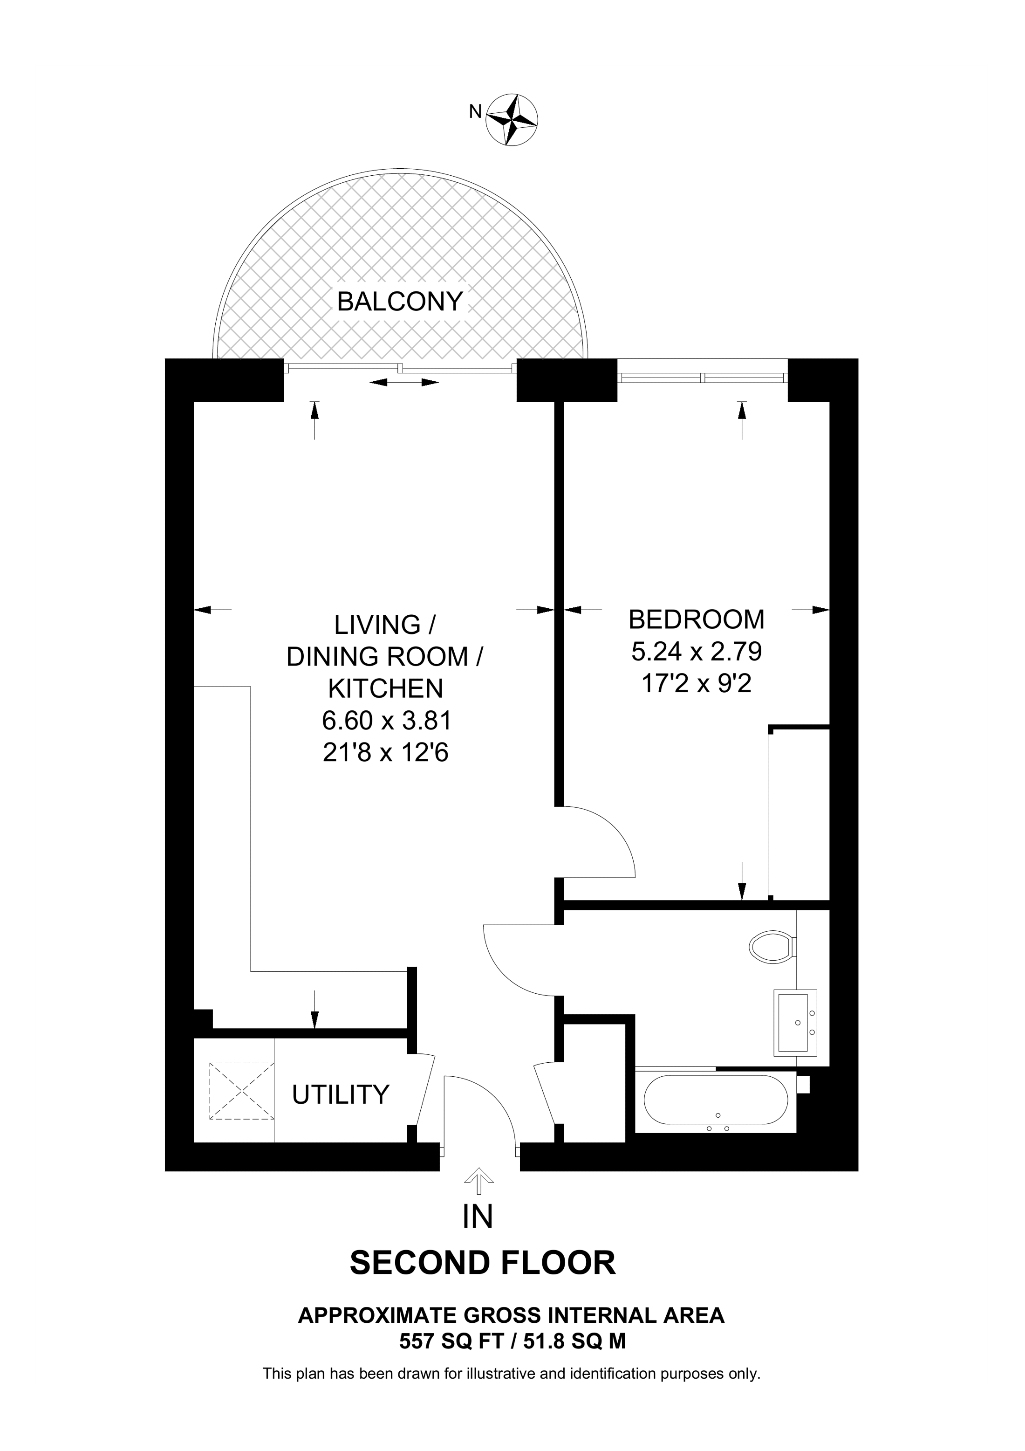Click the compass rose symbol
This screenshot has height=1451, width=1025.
click(x=512, y=120)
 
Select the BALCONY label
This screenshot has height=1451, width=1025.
click(x=400, y=302)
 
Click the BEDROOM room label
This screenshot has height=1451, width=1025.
click(x=696, y=619)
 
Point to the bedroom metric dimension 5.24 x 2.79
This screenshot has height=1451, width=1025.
click(x=697, y=652)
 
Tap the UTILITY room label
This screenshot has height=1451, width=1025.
click(x=341, y=1094)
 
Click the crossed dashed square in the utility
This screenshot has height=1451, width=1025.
click(x=241, y=1092)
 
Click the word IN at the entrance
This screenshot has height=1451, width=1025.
click(x=478, y=1217)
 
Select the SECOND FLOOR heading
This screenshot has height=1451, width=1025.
click(x=483, y=1263)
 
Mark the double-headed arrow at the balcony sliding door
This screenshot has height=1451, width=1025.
click(x=404, y=382)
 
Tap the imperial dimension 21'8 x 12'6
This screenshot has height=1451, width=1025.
click(x=386, y=753)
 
